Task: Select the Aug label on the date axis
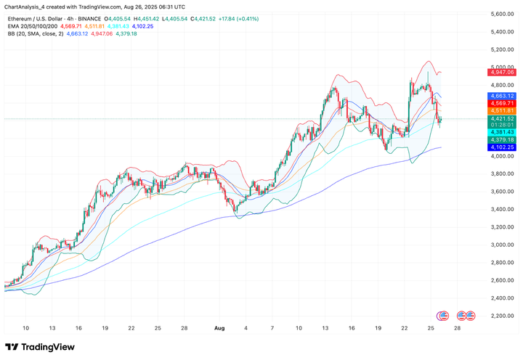click(219, 327)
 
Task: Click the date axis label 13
click(52, 327)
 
